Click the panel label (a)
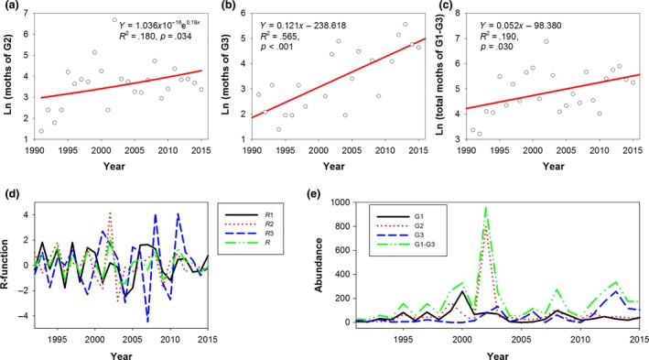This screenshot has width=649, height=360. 11,7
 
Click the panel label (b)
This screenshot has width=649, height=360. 229,7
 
